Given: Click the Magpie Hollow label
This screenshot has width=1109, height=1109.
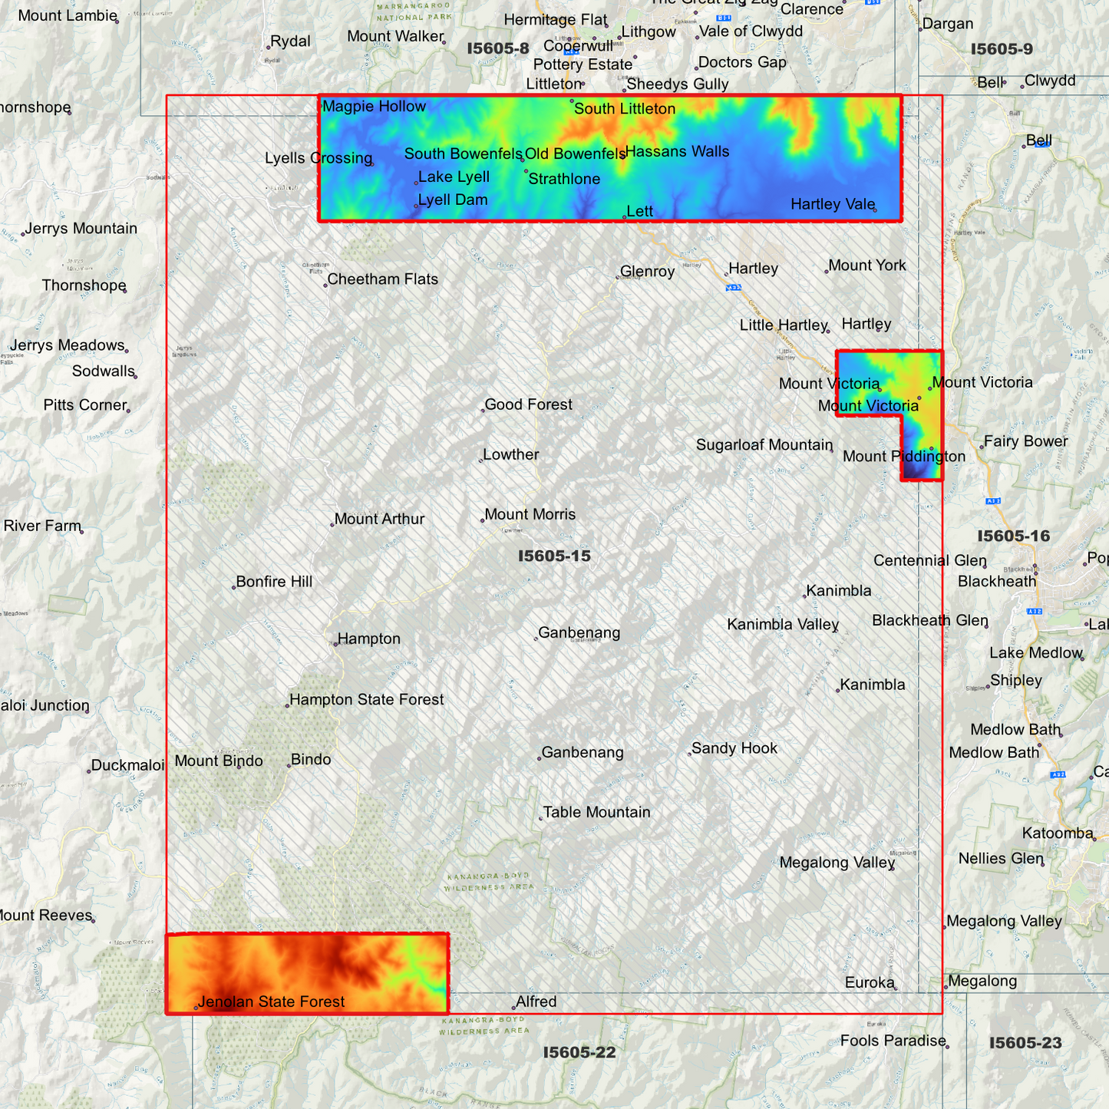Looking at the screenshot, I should (374, 107).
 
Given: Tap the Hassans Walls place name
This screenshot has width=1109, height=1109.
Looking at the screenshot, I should (677, 152).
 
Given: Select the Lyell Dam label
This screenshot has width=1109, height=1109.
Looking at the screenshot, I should (453, 200).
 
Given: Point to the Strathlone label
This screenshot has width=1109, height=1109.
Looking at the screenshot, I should (564, 180).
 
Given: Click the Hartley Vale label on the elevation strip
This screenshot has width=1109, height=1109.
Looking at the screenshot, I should (833, 204).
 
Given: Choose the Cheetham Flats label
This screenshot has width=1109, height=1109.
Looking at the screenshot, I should (382, 279).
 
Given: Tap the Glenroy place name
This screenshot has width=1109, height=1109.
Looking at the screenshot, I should (647, 272).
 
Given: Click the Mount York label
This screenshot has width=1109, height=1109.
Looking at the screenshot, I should (866, 266).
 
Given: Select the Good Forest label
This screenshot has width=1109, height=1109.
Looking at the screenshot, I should (528, 404).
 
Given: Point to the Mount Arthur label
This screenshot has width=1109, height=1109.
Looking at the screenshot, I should (379, 520).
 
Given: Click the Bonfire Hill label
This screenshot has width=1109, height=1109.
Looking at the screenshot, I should (274, 582).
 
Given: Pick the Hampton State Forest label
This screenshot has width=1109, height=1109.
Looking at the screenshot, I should (366, 700).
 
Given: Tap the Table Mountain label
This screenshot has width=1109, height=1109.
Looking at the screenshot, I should (596, 813).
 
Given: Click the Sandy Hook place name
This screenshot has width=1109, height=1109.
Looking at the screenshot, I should (734, 748).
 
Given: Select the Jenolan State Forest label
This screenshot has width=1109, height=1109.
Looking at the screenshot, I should (271, 1002).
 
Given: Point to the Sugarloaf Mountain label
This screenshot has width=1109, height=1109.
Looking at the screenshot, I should (764, 445).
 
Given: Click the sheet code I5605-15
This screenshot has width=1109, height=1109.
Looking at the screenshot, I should (554, 556).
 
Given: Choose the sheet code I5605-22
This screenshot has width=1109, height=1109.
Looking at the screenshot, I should (579, 1052).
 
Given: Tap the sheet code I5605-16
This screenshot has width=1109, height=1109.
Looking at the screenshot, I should (1013, 536).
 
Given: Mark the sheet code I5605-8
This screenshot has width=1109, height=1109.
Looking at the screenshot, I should (498, 48).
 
